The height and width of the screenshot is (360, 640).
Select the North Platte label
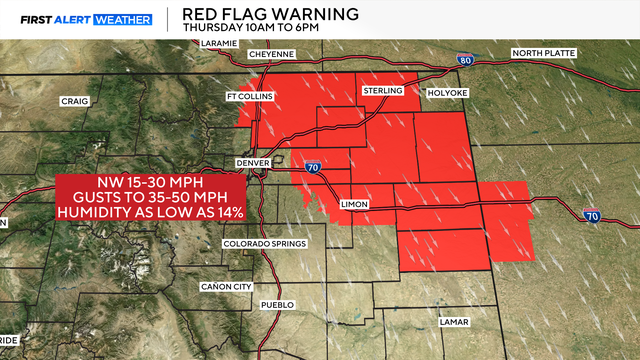point(546,53)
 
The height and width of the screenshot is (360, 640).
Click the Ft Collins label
point(249,96)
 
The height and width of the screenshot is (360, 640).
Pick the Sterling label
point(382,91)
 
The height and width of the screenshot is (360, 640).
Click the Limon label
point(355,204)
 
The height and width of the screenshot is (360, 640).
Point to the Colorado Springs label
point(258,243)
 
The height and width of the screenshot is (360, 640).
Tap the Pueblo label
point(276,304)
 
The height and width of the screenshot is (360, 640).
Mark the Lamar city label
point(454,322)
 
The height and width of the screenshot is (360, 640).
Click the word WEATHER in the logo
point(122,19)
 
